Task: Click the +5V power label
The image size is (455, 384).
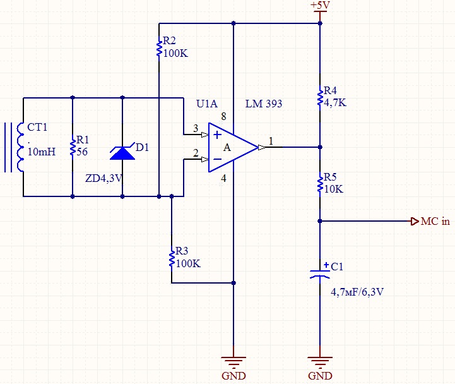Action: tap(320, 5)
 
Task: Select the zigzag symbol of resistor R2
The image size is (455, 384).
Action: tap(159, 49)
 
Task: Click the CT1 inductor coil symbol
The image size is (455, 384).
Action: tap(20, 147)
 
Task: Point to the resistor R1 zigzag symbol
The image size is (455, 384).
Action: tap(73, 147)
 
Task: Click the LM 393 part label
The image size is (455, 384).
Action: tap(264, 104)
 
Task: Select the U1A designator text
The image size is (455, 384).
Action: tap(207, 104)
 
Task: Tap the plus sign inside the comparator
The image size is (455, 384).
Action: tap(217, 135)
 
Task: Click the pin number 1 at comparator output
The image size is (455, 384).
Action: tap(271, 141)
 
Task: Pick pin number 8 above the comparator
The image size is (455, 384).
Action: tap(223, 116)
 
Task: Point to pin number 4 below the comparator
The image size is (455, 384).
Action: tap(223, 178)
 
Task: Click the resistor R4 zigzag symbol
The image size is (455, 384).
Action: tap(320, 98)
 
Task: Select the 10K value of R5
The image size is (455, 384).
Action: tap(334, 189)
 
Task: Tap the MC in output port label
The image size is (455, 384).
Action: tap(435, 221)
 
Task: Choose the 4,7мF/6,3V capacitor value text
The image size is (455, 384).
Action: tap(357, 292)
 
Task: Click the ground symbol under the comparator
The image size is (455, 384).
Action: tap(233, 363)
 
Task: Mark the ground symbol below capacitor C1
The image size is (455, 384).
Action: tap(320, 363)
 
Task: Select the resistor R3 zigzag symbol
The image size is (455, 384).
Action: tap(172, 259)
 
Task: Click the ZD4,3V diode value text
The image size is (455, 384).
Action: tap(104, 178)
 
